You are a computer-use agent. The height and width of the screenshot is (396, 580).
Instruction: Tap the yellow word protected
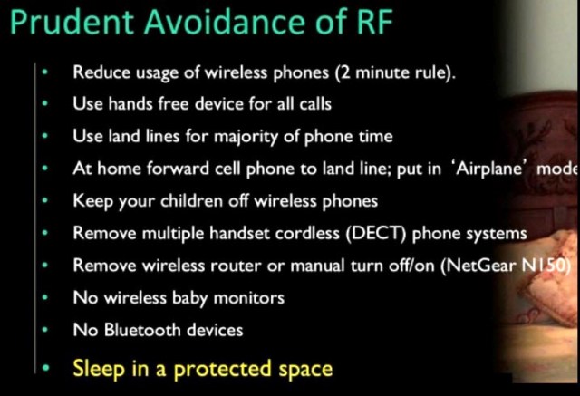(235, 368)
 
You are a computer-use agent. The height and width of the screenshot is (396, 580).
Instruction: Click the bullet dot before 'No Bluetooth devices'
(43, 331)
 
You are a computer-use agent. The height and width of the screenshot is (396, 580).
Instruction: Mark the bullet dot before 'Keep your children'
(43, 201)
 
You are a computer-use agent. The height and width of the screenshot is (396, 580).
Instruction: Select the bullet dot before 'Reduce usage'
(43, 72)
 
